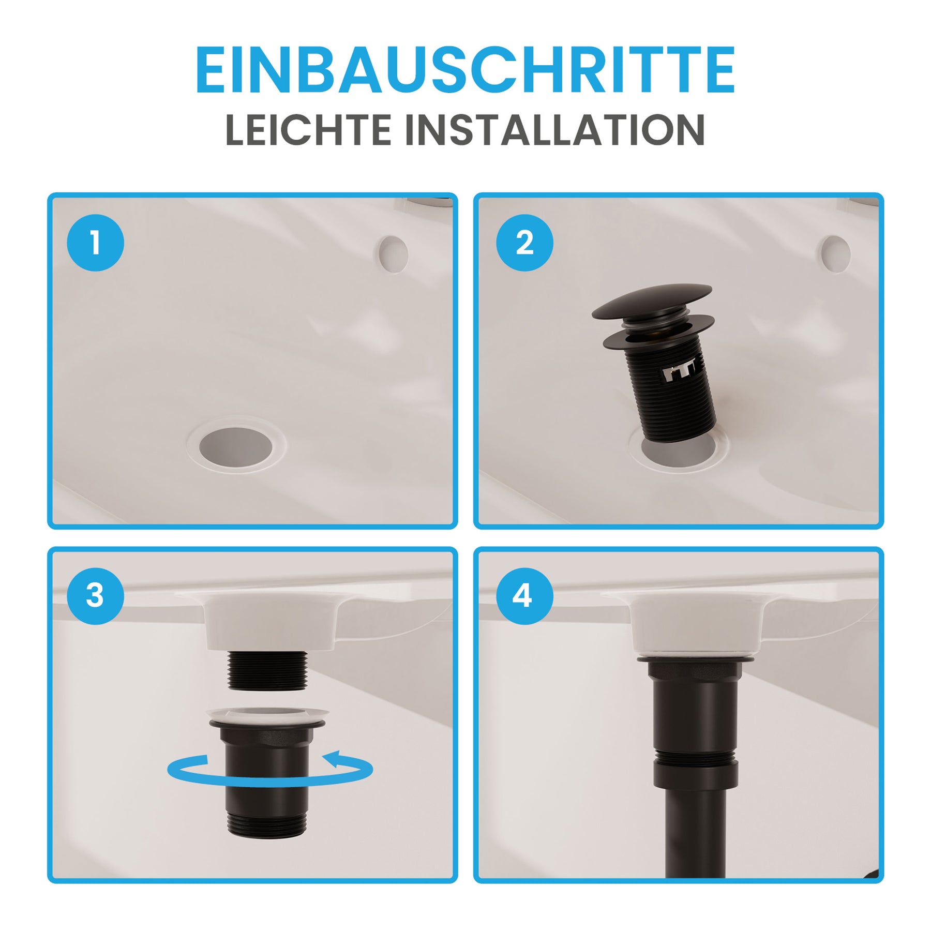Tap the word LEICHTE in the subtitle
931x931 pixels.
(308, 130)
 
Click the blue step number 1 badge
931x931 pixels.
(95, 243)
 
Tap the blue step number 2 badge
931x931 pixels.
(524, 243)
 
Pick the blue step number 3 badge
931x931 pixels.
(95, 596)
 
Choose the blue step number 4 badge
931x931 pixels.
(524, 596)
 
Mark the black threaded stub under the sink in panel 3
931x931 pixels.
(267, 670)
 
